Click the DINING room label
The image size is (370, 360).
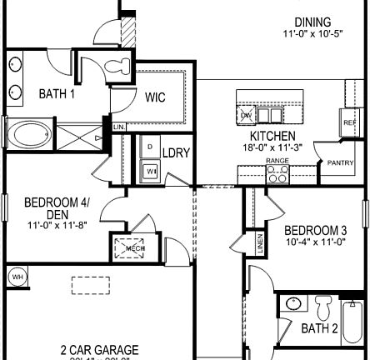pos(312,22)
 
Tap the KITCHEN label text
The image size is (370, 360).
pos(272,135)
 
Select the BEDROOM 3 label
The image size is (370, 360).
pos(316,230)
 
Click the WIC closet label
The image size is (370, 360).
pos(156,97)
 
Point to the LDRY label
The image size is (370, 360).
pos(176,153)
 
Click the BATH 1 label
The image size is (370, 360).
pos(57,93)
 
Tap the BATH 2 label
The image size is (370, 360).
pos(320,328)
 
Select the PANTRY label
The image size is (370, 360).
pos(341,162)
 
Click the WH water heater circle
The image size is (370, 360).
pos(17,276)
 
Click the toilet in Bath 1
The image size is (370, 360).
pos(118,67)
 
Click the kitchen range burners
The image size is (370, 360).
pos(277,174)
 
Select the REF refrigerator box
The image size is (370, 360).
pos(350,122)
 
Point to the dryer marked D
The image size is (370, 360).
pos(150,145)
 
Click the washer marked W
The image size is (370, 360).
pos(151,171)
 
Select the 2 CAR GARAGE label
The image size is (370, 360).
pos(99,351)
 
